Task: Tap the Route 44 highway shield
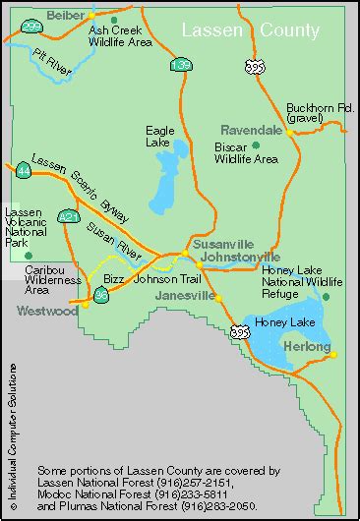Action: pyautogui.click(x=23, y=170)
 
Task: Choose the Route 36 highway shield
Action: pyautogui.click(x=100, y=293)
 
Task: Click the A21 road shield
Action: pyautogui.click(x=67, y=214)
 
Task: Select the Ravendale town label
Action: pyautogui.click(x=251, y=129)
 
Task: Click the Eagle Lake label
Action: pyautogui.click(x=159, y=135)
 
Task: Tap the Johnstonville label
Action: pyautogui.click(x=240, y=258)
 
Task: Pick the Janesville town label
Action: pyautogui.click(x=185, y=295)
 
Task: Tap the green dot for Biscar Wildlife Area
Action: pyautogui.click(x=255, y=145)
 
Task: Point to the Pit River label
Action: pyautogui.click(x=50, y=65)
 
